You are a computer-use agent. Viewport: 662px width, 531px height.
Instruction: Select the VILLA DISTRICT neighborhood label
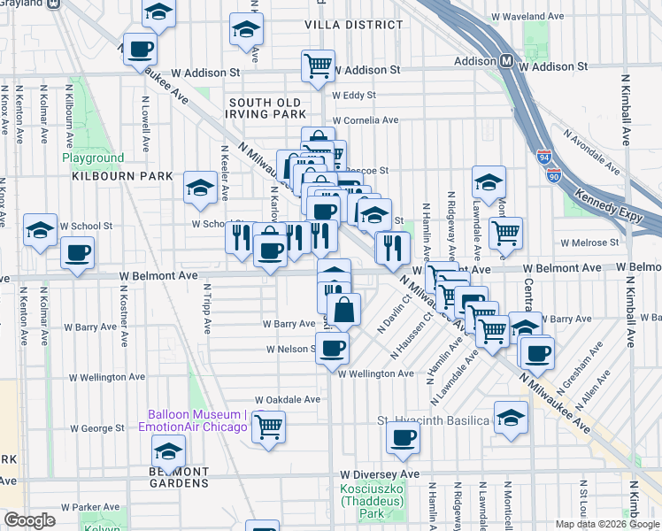point(342,25)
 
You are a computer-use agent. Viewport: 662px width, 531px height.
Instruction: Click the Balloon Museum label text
point(197,414)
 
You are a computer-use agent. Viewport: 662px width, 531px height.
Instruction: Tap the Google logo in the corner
point(29,520)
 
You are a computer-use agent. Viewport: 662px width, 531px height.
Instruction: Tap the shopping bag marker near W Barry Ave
point(344,310)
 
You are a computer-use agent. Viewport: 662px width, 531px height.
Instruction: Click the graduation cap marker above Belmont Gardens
point(167,454)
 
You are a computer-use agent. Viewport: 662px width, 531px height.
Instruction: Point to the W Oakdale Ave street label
point(288,399)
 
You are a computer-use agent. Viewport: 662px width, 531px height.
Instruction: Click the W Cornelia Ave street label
point(366,120)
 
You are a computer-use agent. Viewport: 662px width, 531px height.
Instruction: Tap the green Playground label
point(93,158)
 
